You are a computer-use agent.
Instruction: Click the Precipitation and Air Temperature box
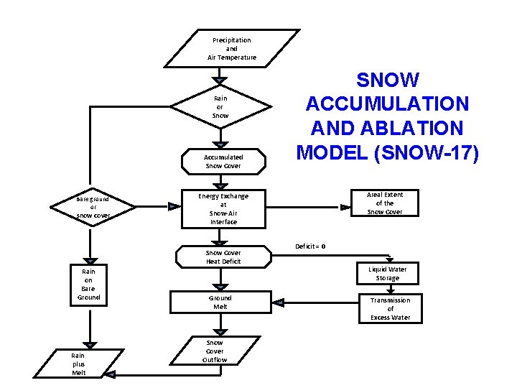[x=231, y=49]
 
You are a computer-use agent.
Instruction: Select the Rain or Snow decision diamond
[x=220, y=107]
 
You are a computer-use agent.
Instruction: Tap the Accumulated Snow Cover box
[x=223, y=162]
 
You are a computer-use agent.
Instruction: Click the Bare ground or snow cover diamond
[x=93, y=207]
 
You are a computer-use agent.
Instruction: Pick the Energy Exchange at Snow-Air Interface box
[x=223, y=209]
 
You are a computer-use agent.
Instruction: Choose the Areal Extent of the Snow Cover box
[x=385, y=203]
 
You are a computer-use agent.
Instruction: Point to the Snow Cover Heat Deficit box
[x=223, y=257]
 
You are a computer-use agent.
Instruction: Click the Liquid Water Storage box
[x=388, y=274]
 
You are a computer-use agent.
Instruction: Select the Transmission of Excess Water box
[x=390, y=309]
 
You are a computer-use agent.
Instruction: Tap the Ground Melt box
[x=220, y=302]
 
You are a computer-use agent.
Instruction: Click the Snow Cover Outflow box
[x=214, y=351]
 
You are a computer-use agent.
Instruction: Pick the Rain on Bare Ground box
[x=88, y=285]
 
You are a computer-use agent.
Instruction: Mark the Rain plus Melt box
[x=78, y=364]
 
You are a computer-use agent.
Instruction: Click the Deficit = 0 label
[x=310, y=246]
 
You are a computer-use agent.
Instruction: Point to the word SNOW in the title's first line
[x=387, y=80]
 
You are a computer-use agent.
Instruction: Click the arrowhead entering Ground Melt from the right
[x=279, y=302]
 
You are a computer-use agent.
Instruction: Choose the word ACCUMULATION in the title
[x=387, y=104]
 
